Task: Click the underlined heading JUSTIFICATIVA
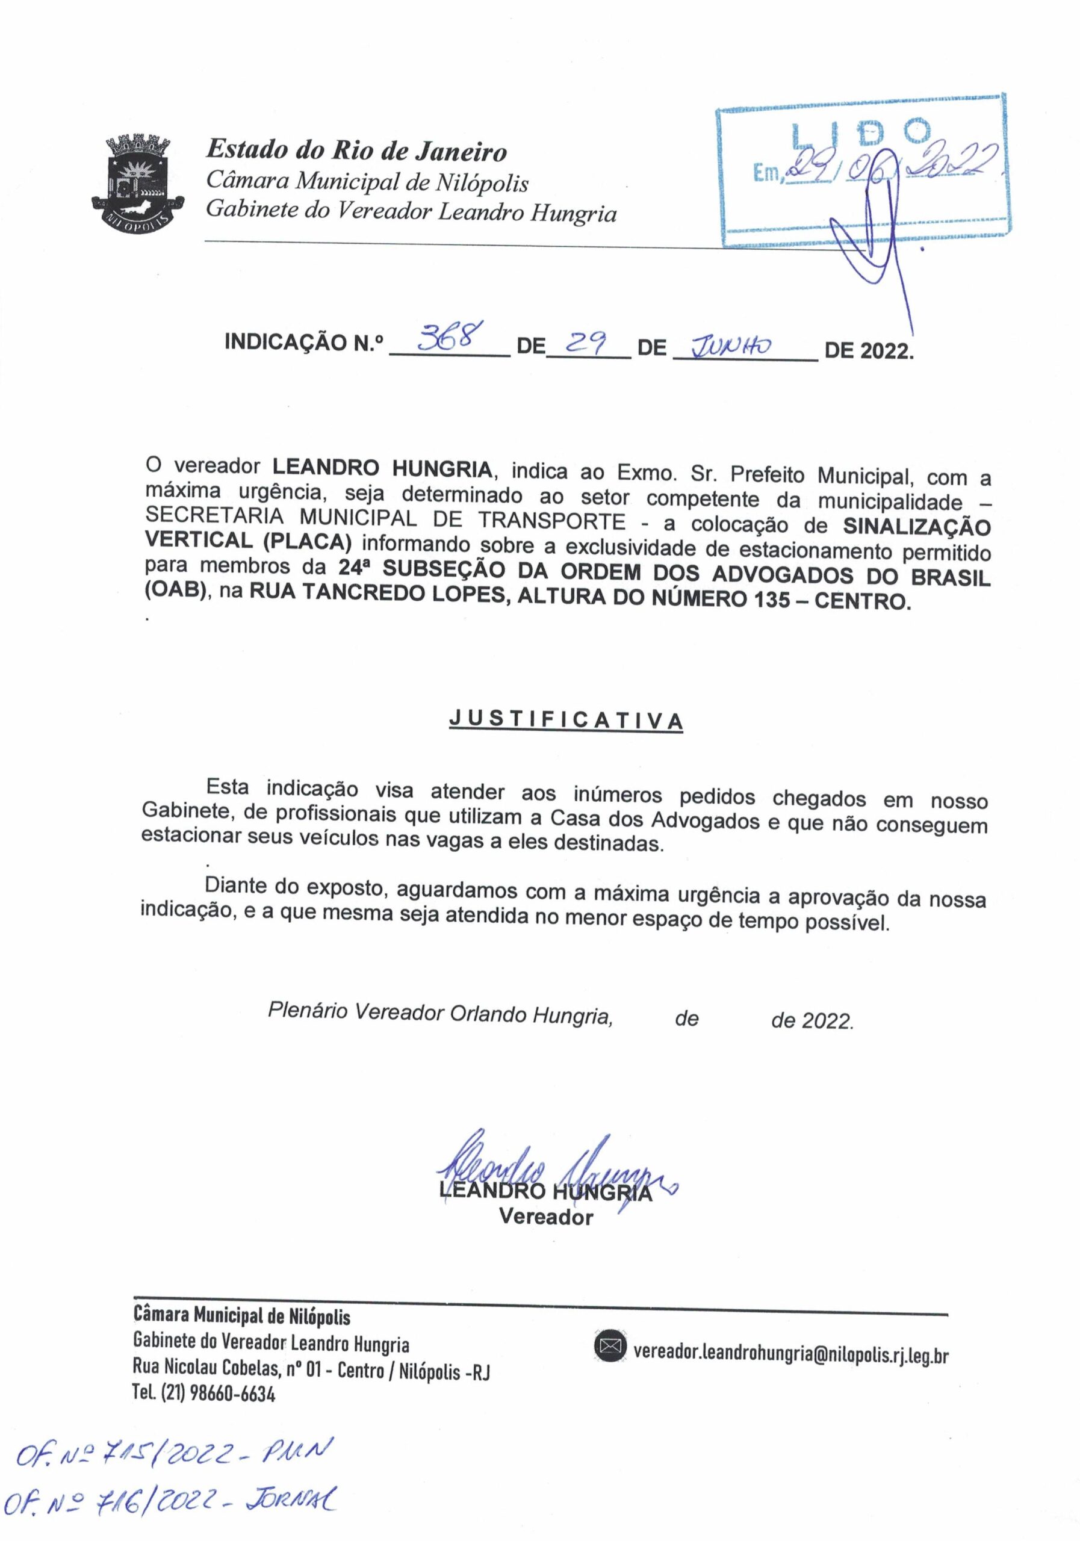tap(566, 719)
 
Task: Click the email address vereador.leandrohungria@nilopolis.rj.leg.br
tap(790, 1348)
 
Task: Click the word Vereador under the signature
tap(545, 1216)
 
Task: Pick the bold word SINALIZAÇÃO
tap(916, 526)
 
